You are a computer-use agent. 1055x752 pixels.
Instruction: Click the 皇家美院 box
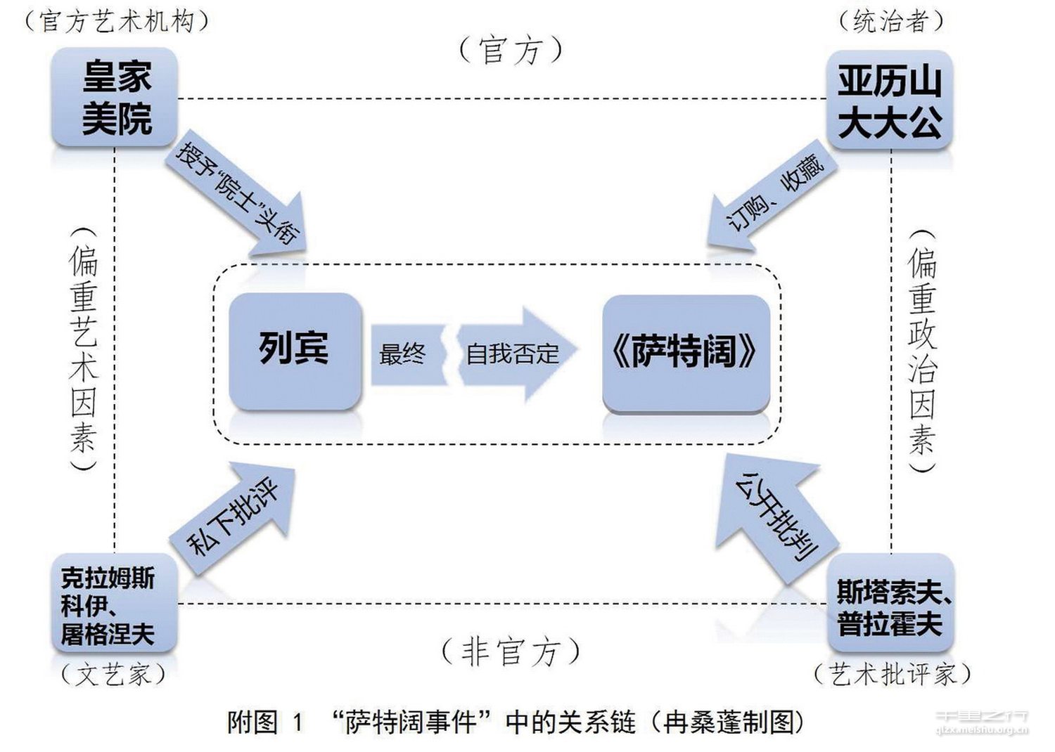pos(115,97)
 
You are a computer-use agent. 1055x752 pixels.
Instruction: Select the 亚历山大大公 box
pos(889,101)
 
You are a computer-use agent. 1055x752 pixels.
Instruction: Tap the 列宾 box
pos(295,349)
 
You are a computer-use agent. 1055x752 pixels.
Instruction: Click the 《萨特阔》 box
pos(685,351)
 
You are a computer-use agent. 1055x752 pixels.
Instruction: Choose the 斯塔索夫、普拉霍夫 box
pos(890,606)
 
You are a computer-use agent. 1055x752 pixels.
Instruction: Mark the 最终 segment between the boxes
pos(404,354)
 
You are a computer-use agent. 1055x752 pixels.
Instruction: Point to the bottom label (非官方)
pos(511,651)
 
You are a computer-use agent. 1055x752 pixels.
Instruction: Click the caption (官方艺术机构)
pos(116,20)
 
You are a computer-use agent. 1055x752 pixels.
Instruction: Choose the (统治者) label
pos(890,21)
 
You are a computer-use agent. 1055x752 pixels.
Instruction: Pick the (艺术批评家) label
pos(892,674)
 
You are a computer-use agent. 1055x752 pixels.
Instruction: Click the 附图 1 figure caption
pos(515,722)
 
